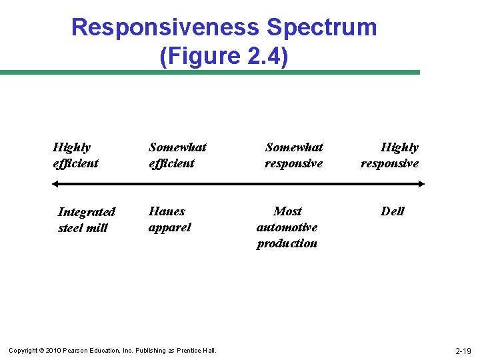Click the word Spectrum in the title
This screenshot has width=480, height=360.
[321, 27]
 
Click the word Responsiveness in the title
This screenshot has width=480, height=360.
[165, 27]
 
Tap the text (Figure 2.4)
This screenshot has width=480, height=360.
[224, 56]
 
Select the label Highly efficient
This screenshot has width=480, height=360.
[75, 155]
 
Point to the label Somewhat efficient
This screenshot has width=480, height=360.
[177, 155]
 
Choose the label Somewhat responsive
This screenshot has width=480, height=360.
[293, 155]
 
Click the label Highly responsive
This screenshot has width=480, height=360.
[390, 155]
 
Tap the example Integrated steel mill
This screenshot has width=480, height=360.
[86, 220]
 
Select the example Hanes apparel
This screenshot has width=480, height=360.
[169, 219]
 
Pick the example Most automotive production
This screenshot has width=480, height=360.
[287, 227]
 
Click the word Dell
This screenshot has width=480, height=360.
[393, 211]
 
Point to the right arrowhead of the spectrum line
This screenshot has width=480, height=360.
[421, 183]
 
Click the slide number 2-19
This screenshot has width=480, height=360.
[463, 351]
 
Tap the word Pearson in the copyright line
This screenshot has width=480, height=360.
[74, 351]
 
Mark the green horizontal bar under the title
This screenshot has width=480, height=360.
[210, 72]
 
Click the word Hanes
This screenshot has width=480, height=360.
[167, 211]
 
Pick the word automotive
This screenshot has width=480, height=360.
[287, 227]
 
